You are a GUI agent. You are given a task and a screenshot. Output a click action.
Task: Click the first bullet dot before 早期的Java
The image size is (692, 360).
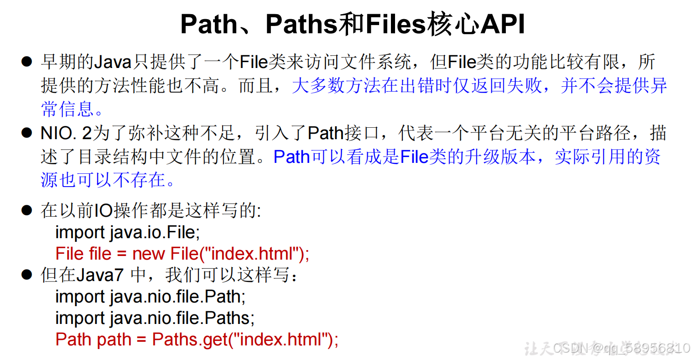coord(26,62)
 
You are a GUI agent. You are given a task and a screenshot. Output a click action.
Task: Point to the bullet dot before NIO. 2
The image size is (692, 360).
coord(26,133)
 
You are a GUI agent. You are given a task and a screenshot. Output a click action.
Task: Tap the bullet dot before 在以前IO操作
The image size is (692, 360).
coord(26,210)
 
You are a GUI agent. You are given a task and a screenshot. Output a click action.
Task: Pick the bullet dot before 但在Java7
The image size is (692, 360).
coord(26,275)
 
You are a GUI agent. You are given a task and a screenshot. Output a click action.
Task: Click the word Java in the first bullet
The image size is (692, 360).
coord(113,62)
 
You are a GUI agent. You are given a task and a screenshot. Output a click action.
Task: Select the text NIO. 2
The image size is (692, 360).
coord(66,133)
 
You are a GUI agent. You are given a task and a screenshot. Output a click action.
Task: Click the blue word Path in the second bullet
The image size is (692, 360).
coord(291,157)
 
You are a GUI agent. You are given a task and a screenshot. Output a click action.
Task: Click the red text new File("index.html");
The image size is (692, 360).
coord(221,254)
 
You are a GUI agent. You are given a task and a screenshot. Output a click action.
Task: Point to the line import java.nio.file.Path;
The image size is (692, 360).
coord(151,297)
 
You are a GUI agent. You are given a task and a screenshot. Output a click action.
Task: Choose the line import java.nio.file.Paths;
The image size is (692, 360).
coord(155,318)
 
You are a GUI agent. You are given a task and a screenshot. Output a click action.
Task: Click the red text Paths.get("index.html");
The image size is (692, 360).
coord(245,339)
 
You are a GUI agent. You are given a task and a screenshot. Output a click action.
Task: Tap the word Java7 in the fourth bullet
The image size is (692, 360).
coord(99,275)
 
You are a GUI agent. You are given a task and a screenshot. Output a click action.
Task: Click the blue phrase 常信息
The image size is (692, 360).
coord(68,110)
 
